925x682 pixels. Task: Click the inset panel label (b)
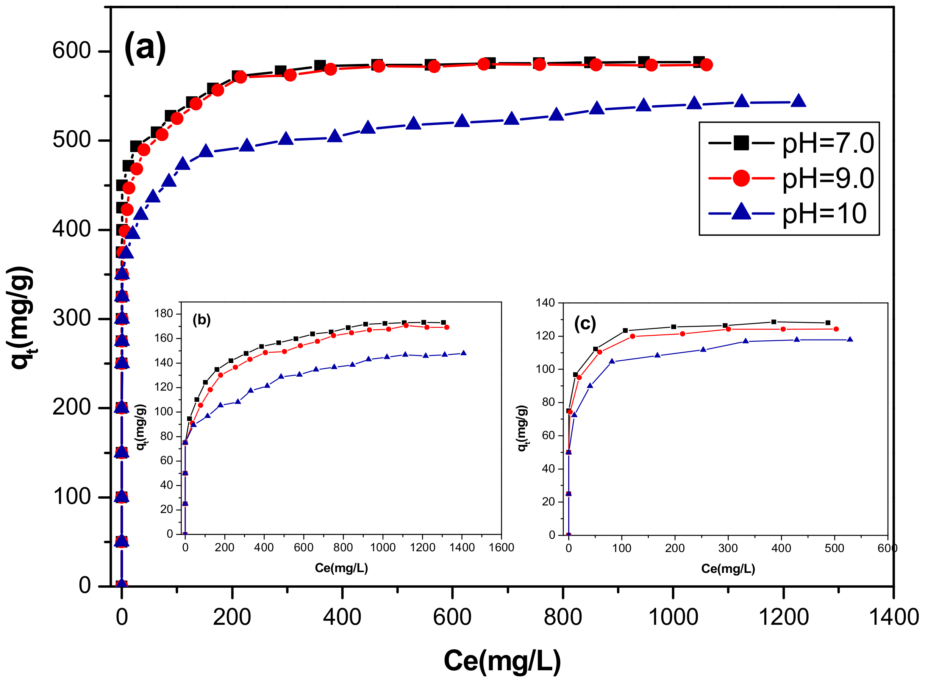coord(202,320)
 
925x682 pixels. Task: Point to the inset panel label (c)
coord(585,324)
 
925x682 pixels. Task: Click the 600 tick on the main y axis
coord(72,51)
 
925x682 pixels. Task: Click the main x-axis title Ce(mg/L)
coord(502,661)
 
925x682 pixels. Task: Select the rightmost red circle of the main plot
coord(706,65)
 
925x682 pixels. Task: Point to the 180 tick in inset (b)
coord(164,314)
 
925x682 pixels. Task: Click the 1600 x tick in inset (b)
coord(501,548)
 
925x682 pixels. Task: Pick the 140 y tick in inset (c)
coord(545,303)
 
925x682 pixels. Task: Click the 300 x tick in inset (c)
coord(728,549)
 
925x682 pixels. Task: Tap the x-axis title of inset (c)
coord(728,569)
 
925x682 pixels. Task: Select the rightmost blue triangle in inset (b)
coord(464,353)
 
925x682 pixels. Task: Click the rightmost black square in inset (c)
coord(828,323)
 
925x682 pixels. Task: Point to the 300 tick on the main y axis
coord(72,318)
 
